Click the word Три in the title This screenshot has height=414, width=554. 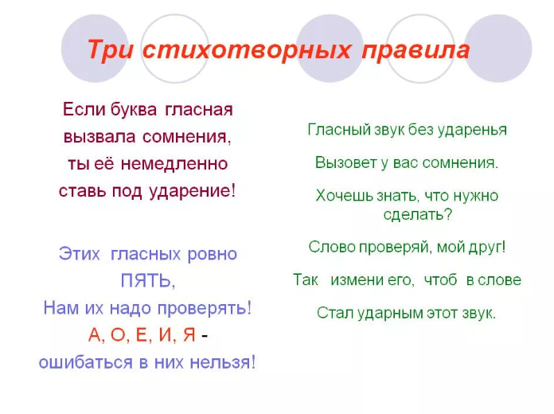[x=111, y=50]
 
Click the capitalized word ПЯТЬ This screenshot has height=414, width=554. [x=147, y=281]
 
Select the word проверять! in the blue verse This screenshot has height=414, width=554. [x=208, y=308]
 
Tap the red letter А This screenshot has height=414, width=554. [x=96, y=335]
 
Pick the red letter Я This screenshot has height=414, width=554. [x=189, y=335]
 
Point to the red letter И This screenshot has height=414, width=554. [x=166, y=335]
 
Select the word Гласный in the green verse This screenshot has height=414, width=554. [x=334, y=130]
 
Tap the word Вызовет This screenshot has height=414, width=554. [x=343, y=162]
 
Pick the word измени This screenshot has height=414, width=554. [x=360, y=279]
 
